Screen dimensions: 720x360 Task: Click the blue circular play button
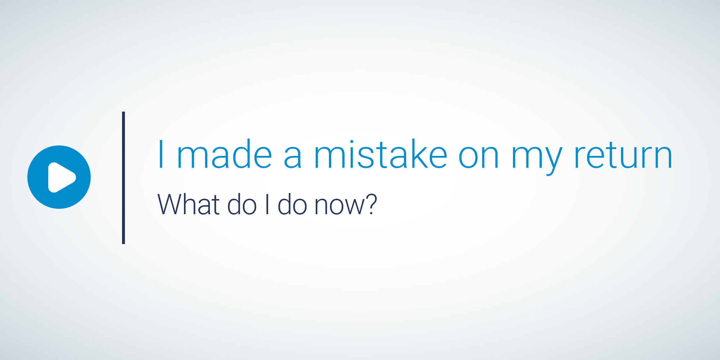pyautogui.click(x=59, y=177)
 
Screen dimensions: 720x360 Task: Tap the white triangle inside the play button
pyautogui.click(x=62, y=177)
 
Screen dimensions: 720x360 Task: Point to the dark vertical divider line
pyautogui.click(x=123, y=178)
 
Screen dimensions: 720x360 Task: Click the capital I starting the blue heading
pyautogui.click(x=161, y=154)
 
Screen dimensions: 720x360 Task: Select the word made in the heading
pyautogui.click(x=225, y=154)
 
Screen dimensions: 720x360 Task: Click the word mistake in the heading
pyautogui.click(x=381, y=154)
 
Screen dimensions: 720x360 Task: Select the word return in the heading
pyautogui.click(x=623, y=155)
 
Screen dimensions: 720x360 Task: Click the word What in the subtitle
pyautogui.click(x=189, y=204)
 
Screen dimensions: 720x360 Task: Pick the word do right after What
pyautogui.click(x=242, y=204)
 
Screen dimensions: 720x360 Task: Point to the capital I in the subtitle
pyautogui.click(x=267, y=204)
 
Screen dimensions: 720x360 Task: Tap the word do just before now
pyautogui.click(x=293, y=204)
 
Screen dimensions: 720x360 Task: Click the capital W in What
pyautogui.click(x=171, y=204)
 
